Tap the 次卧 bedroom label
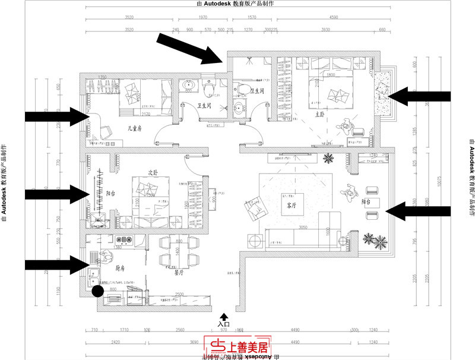click(x=153, y=173)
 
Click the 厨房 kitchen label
click(x=121, y=269)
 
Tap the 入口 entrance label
click(x=223, y=324)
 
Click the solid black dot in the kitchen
click(x=97, y=291)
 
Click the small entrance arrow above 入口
click(x=223, y=316)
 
